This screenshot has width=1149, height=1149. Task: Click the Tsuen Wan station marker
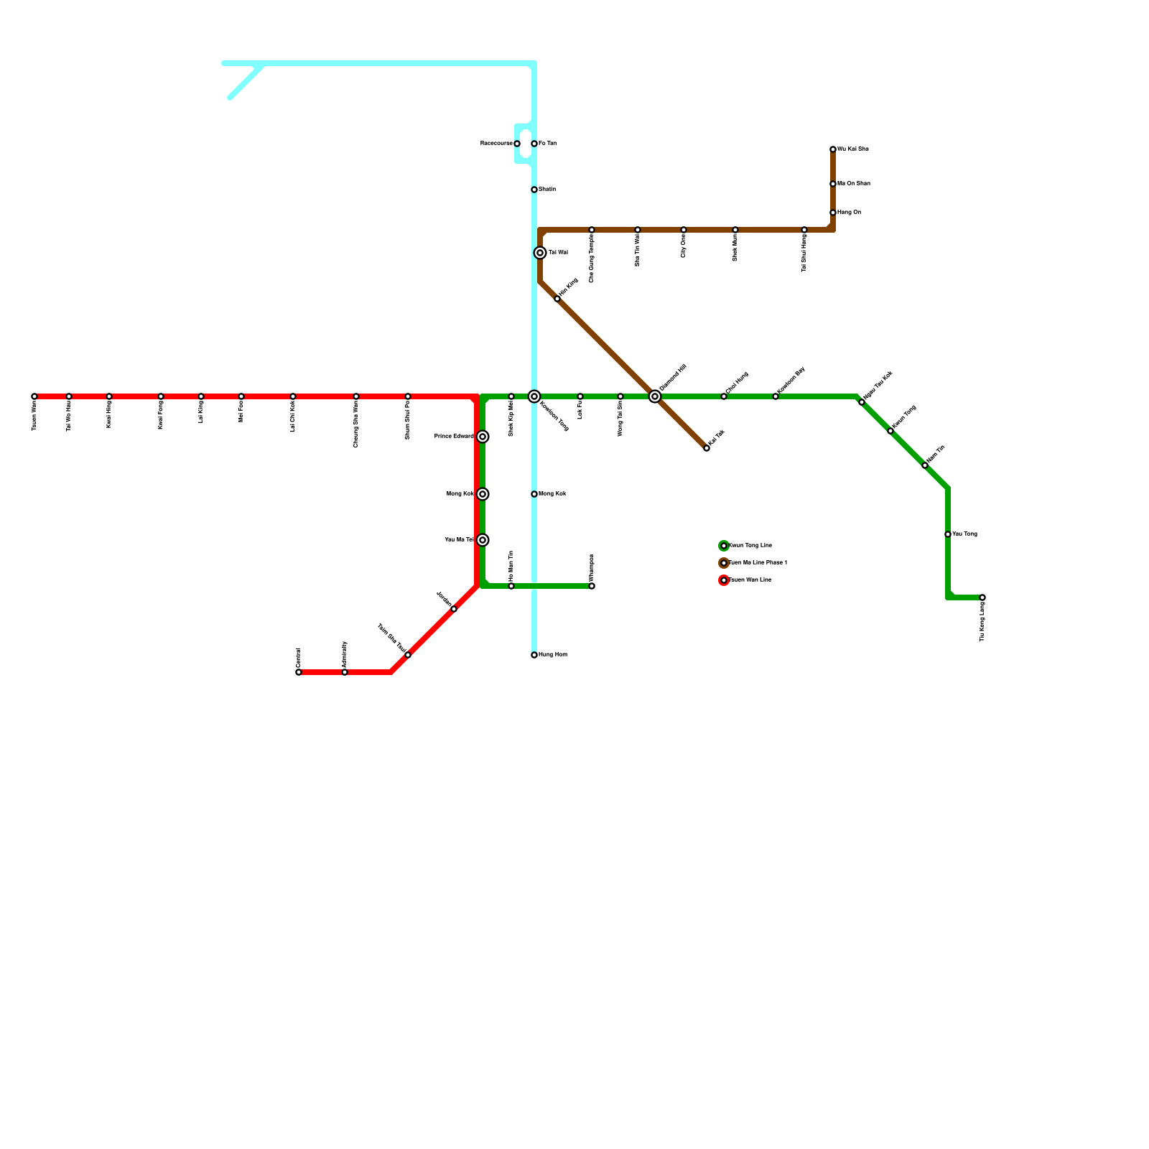click(34, 396)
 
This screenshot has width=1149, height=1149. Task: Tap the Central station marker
click(299, 672)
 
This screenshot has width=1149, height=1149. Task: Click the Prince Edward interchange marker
click(483, 437)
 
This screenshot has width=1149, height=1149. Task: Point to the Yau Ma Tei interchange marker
click(483, 540)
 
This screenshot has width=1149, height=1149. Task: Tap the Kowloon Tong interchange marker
click(534, 396)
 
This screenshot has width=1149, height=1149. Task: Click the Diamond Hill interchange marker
click(655, 396)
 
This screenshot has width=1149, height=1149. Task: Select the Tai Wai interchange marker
click(540, 253)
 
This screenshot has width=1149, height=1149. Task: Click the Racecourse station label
click(496, 144)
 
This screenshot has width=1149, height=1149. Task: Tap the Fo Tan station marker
click(534, 144)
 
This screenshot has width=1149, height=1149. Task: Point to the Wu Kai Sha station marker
click(833, 149)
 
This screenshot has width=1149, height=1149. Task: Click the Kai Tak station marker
click(707, 448)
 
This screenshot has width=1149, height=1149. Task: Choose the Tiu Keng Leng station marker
click(982, 597)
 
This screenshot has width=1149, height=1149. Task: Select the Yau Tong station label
click(964, 534)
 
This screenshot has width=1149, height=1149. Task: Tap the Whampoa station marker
click(592, 586)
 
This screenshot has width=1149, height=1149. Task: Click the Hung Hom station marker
click(534, 655)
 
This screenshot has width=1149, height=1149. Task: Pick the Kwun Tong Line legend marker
click(724, 546)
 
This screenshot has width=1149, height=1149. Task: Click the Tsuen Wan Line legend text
click(750, 580)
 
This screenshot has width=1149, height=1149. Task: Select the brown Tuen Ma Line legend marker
click(724, 563)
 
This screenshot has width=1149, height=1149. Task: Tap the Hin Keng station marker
click(557, 299)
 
